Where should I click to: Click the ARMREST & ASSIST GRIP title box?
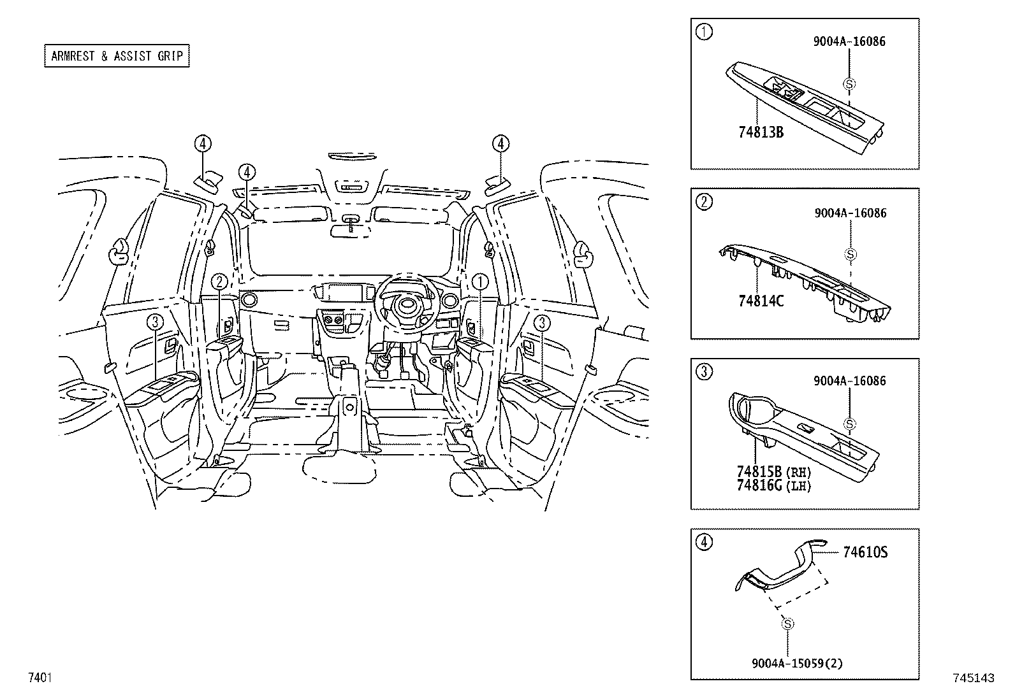117,56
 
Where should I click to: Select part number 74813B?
761,132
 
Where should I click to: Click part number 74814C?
761,301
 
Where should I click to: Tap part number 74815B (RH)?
773,472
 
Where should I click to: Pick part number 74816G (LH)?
773,486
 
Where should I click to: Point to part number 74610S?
865,552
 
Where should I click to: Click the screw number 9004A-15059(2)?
797,664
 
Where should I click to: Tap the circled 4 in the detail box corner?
704,543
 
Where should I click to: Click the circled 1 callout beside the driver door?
479,281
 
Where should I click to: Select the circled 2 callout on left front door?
219,281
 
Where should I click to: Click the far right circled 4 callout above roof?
500,144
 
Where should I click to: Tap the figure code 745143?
974,679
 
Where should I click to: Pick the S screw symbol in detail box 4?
787,624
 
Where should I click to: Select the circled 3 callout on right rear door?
542,323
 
